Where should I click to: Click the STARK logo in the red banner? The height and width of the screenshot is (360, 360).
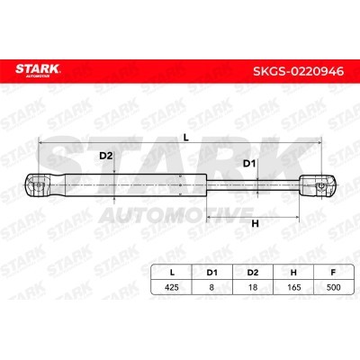tap(38, 70)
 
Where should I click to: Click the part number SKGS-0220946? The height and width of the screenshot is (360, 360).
tap(299, 71)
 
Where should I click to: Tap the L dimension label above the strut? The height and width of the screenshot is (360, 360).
tap(186, 138)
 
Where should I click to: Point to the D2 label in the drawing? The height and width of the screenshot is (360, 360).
tap(105, 156)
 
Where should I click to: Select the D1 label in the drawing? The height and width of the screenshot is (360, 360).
tap(249, 164)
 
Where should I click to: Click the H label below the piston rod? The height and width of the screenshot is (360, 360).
tap(255, 223)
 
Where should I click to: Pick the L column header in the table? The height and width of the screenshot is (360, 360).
tap(172, 273)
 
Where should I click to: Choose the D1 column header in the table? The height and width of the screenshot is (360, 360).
tap(211, 273)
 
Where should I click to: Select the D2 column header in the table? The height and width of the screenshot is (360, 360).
tap(253, 273)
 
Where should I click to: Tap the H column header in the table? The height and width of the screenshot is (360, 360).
tap(293, 273)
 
